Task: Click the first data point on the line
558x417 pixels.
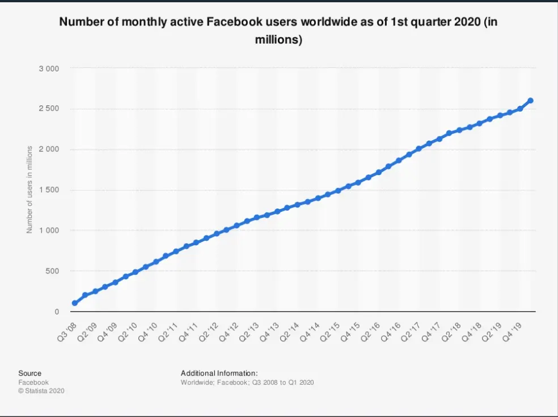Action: click(75, 303)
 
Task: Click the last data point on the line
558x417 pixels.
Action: click(530, 101)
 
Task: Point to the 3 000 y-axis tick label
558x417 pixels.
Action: click(49, 69)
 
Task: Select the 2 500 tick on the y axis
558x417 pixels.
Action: click(49, 108)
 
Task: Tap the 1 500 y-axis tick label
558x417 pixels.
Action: click(49, 190)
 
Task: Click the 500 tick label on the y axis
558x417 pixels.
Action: click(52, 271)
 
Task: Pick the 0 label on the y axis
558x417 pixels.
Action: click(57, 312)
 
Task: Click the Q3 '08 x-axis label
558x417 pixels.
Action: click(67, 331)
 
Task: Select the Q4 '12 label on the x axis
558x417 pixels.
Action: click(229, 331)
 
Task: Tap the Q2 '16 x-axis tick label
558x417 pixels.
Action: click(371, 331)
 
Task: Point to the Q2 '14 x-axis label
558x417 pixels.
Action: click(290, 331)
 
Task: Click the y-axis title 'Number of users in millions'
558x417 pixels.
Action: click(29, 189)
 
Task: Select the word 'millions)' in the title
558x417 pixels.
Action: click(278, 39)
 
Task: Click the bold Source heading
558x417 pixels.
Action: click(30, 373)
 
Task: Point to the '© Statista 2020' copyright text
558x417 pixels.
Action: click(41, 391)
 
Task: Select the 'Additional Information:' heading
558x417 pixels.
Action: click(219, 373)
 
